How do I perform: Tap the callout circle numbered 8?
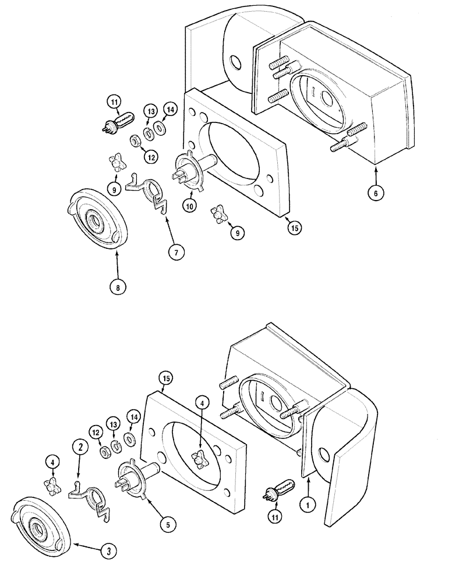click(x=118, y=287)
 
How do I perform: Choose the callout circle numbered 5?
click(x=167, y=525)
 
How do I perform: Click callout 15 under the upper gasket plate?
click(x=295, y=229)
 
